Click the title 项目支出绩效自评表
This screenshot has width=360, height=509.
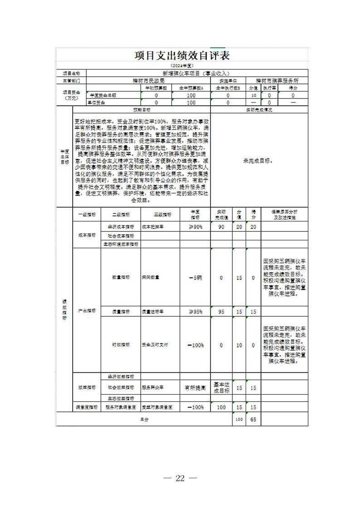182,56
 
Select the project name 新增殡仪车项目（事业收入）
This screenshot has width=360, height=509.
197,73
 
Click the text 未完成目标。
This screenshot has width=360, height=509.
258,161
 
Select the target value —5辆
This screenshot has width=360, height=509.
195,278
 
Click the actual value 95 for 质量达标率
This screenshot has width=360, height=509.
221,312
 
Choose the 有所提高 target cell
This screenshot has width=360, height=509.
195,388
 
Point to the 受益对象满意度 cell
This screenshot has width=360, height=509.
156,407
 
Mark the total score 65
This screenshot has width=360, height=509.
253,420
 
